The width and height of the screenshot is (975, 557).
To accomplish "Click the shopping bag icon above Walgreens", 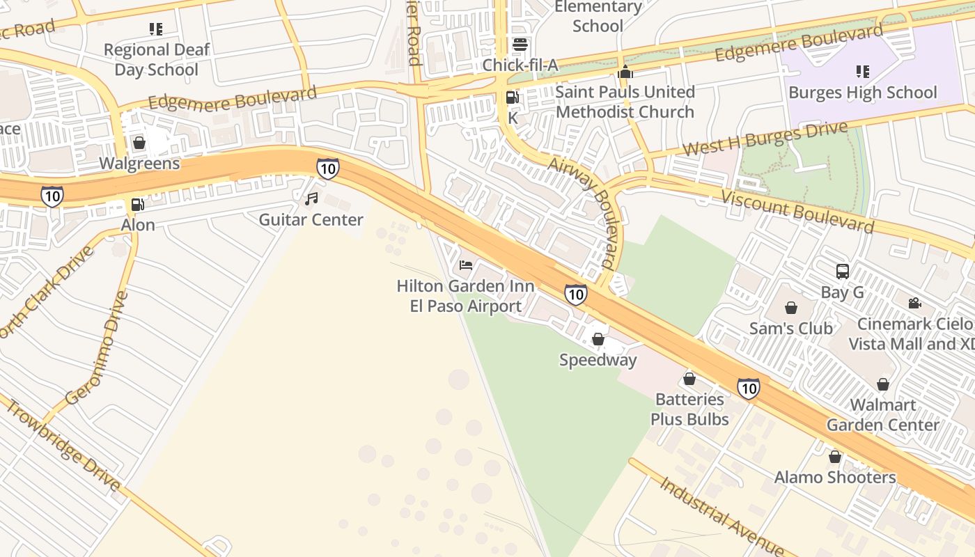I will click(x=139, y=143).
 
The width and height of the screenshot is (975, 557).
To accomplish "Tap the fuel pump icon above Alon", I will click(x=138, y=205).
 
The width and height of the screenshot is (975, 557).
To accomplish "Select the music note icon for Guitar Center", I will click(x=311, y=199).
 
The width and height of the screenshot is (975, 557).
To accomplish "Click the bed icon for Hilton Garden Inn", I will click(x=466, y=265).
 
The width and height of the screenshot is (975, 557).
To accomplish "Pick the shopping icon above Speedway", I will click(x=598, y=339).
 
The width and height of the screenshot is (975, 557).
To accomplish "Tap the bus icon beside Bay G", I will click(x=842, y=272).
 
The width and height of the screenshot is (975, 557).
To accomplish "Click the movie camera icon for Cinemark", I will click(x=914, y=304).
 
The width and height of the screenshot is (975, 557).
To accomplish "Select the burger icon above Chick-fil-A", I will click(x=520, y=45).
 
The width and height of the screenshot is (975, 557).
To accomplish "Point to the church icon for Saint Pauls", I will click(x=625, y=72).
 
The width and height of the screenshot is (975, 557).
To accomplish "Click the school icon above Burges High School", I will click(x=862, y=72).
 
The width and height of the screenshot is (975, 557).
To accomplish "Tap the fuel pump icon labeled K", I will click(x=513, y=98).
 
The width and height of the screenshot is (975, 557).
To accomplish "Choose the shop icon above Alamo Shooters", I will click(x=834, y=457).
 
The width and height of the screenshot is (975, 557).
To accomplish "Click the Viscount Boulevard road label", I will click(x=797, y=211).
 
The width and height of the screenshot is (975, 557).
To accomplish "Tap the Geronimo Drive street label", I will click(x=97, y=347).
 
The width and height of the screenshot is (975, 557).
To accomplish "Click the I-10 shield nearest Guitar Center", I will click(x=327, y=168).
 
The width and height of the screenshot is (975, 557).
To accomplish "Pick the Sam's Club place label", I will click(x=790, y=328).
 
